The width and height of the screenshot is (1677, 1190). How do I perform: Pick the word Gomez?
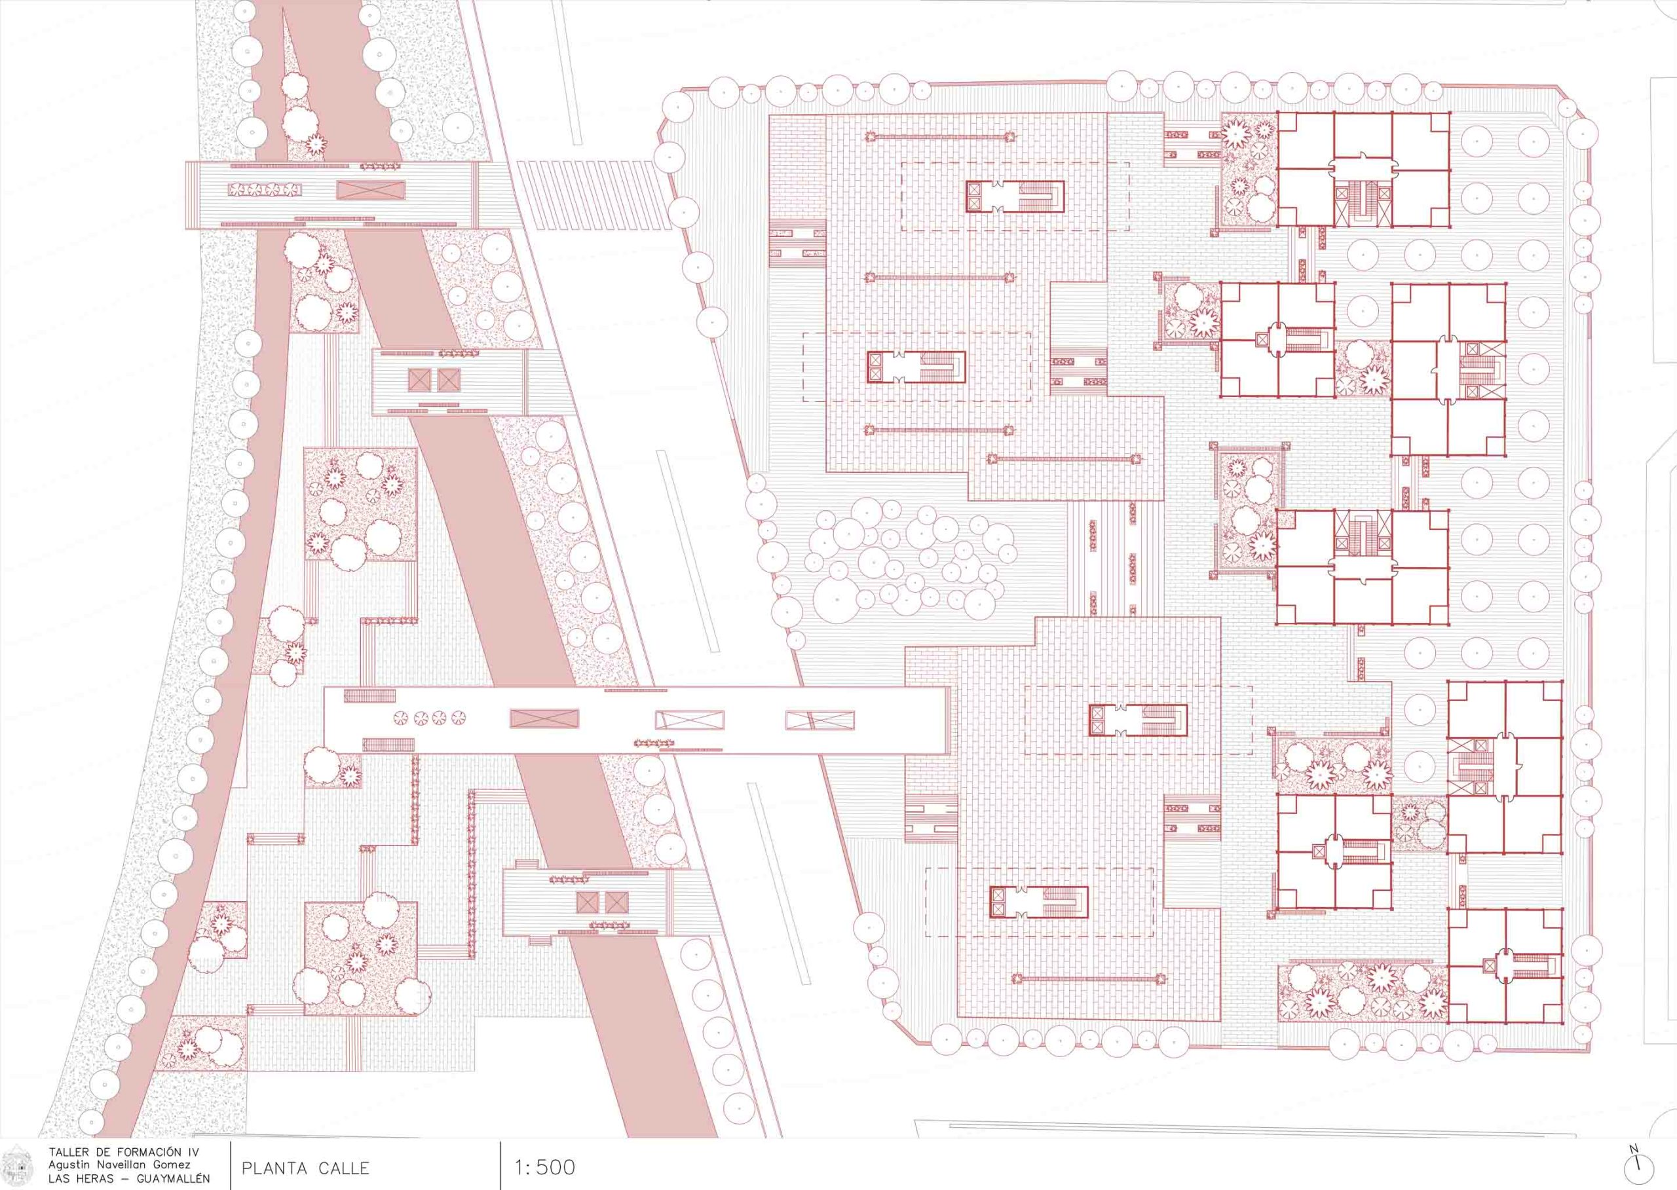(173, 1165)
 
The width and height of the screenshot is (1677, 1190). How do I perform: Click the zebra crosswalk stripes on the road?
(594, 196)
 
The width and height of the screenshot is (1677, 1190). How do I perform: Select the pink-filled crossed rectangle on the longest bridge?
(544, 719)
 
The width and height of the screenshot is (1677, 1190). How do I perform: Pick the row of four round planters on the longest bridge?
(430, 717)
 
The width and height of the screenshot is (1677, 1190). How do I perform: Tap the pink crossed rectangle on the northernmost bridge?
(371, 190)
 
